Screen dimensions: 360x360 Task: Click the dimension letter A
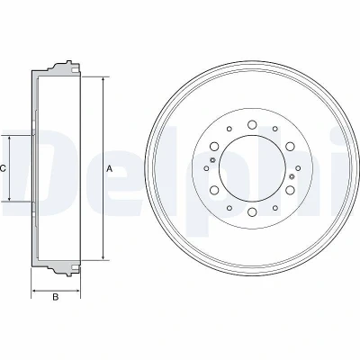click(x=110, y=169)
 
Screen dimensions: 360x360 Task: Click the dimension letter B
click(x=56, y=297)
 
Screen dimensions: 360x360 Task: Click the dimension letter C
click(x=3, y=169)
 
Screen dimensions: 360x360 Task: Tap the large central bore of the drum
click(x=252, y=168)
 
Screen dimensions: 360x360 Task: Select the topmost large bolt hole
click(x=252, y=124)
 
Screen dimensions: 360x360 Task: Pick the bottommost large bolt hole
click(x=252, y=211)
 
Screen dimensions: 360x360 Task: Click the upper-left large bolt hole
click(x=214, y=146)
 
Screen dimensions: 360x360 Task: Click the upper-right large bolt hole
click(x=290, y=146)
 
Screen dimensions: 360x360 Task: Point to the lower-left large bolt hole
click(x=214, y=190)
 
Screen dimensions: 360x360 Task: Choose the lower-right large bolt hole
click(x=290, y=190)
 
